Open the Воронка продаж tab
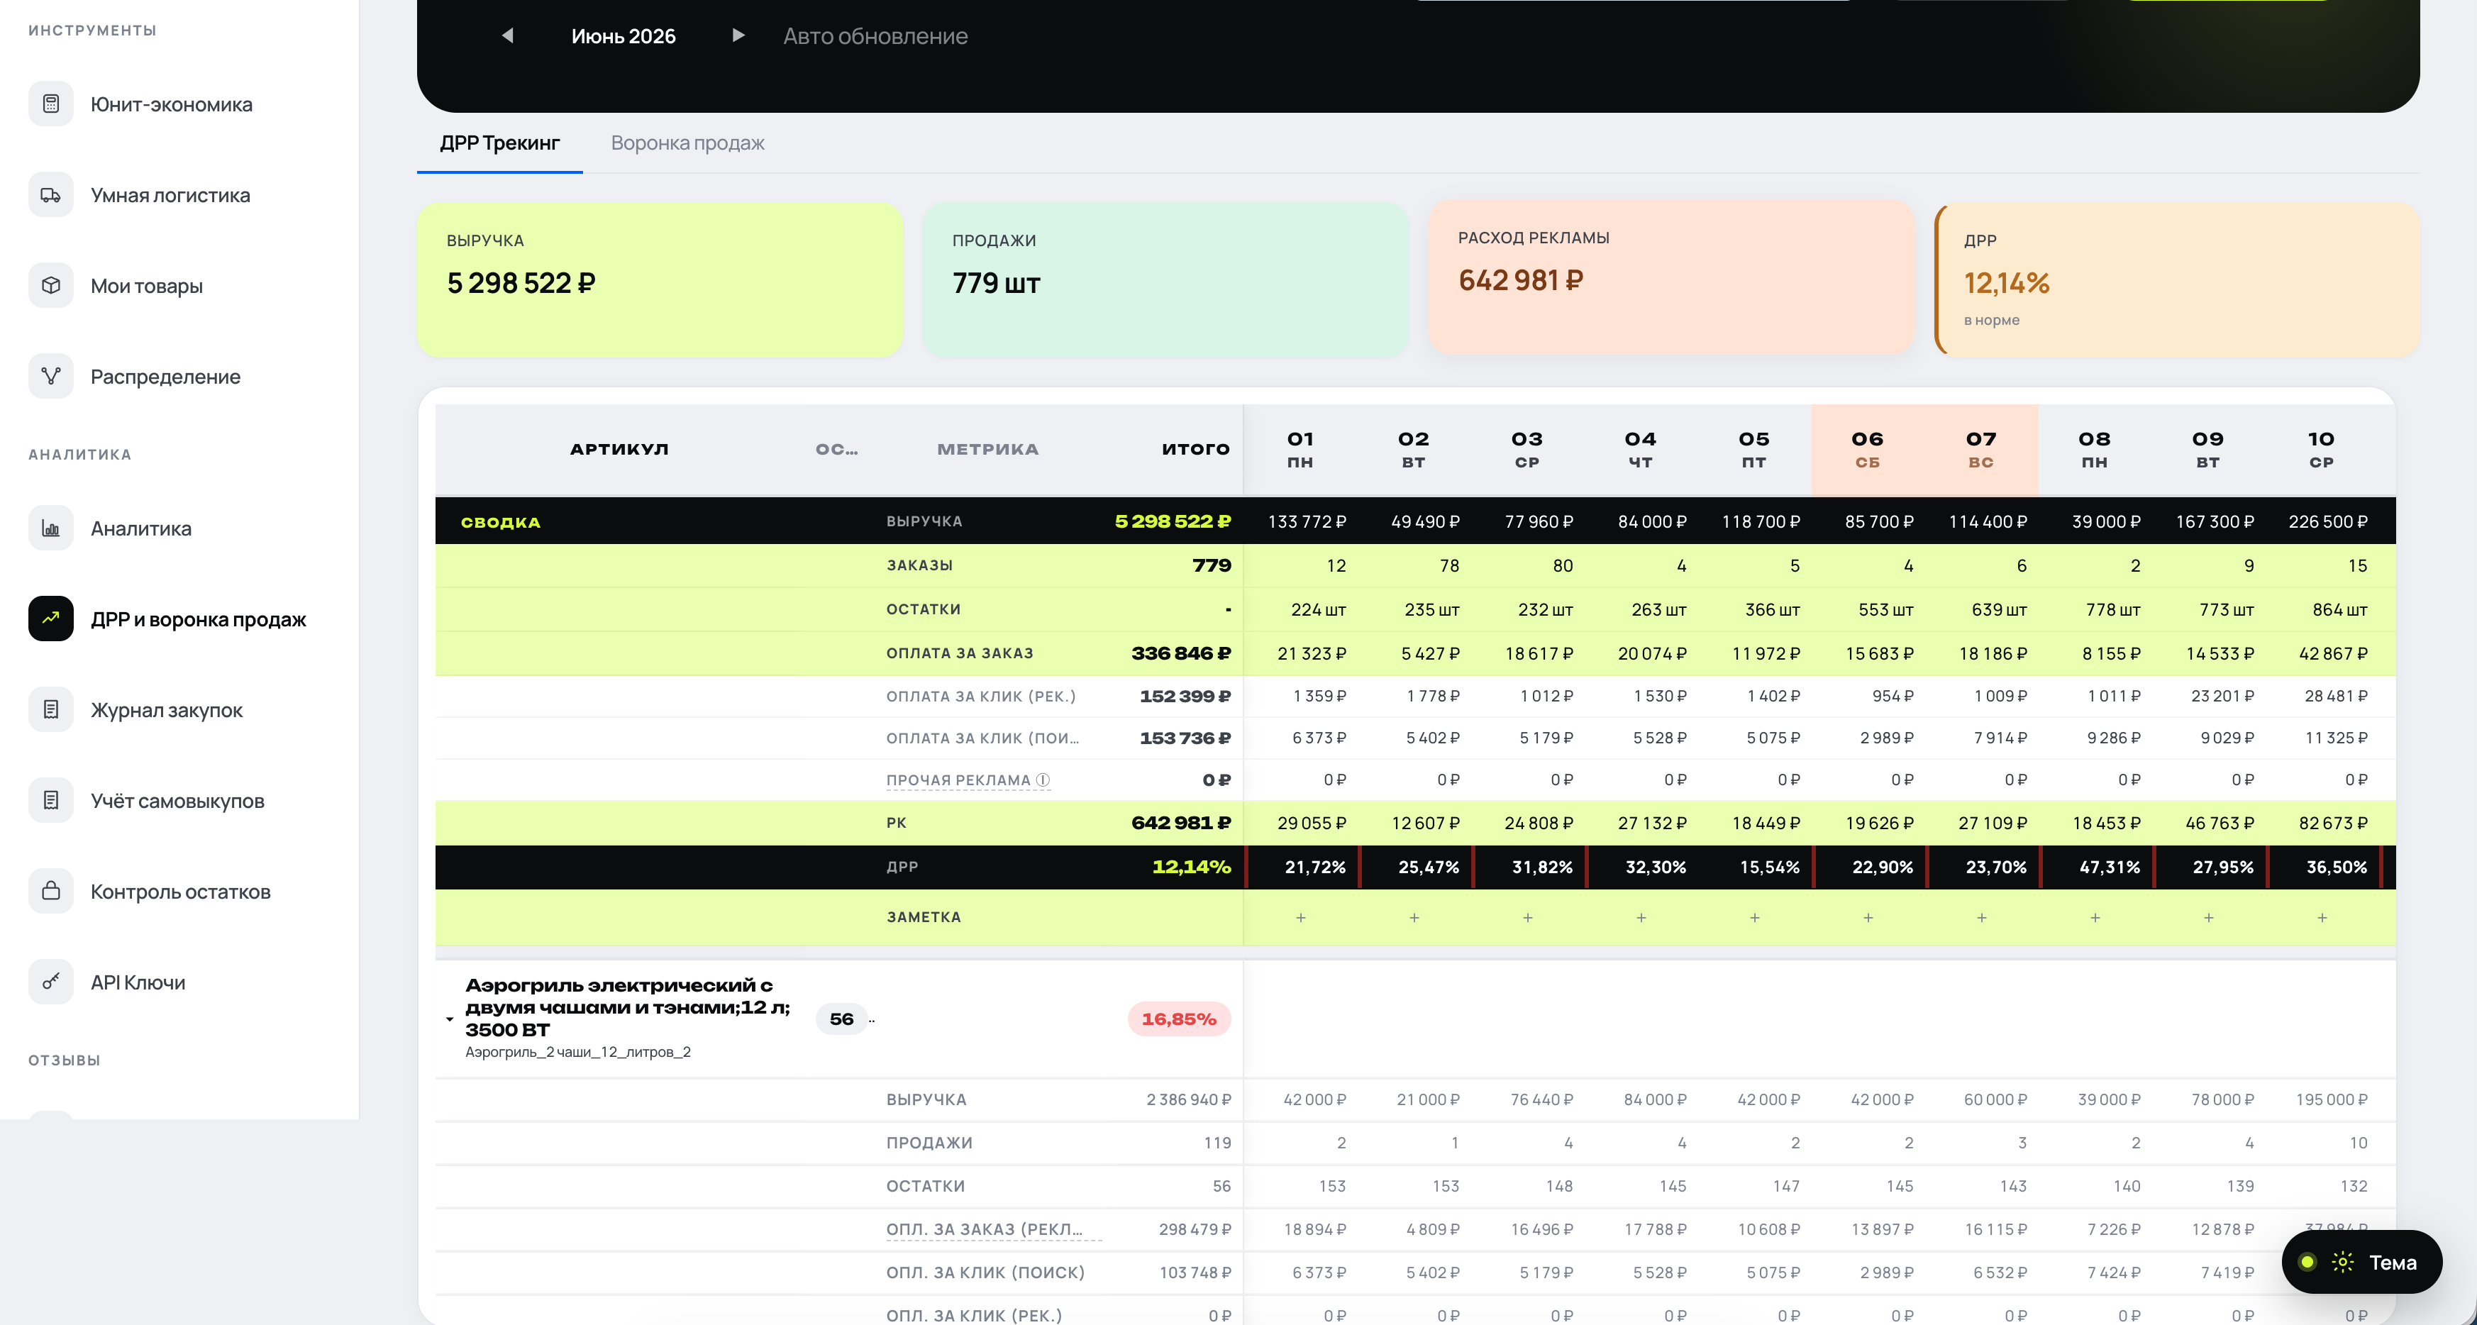tap(687, 143)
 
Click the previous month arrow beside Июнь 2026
tap(508, 35)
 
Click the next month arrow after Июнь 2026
tap(738, 35)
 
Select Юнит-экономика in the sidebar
tap(171, 105)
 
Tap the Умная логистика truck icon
tap(51, 195)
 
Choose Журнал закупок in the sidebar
tap(167, 711)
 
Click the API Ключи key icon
tap(51, 982)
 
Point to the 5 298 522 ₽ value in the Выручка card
tap(521, 284)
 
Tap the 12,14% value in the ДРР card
tap(2007, 284)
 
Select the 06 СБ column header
tap(1868, 449)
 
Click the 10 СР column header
tap(2321, 449)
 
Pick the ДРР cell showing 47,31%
tap(2110, 867)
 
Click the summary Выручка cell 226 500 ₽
tap(2328, 521)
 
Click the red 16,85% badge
tap(1179, 1019)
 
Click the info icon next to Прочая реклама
tap(1043, 780)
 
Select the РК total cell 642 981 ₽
tap(1181, 823)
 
